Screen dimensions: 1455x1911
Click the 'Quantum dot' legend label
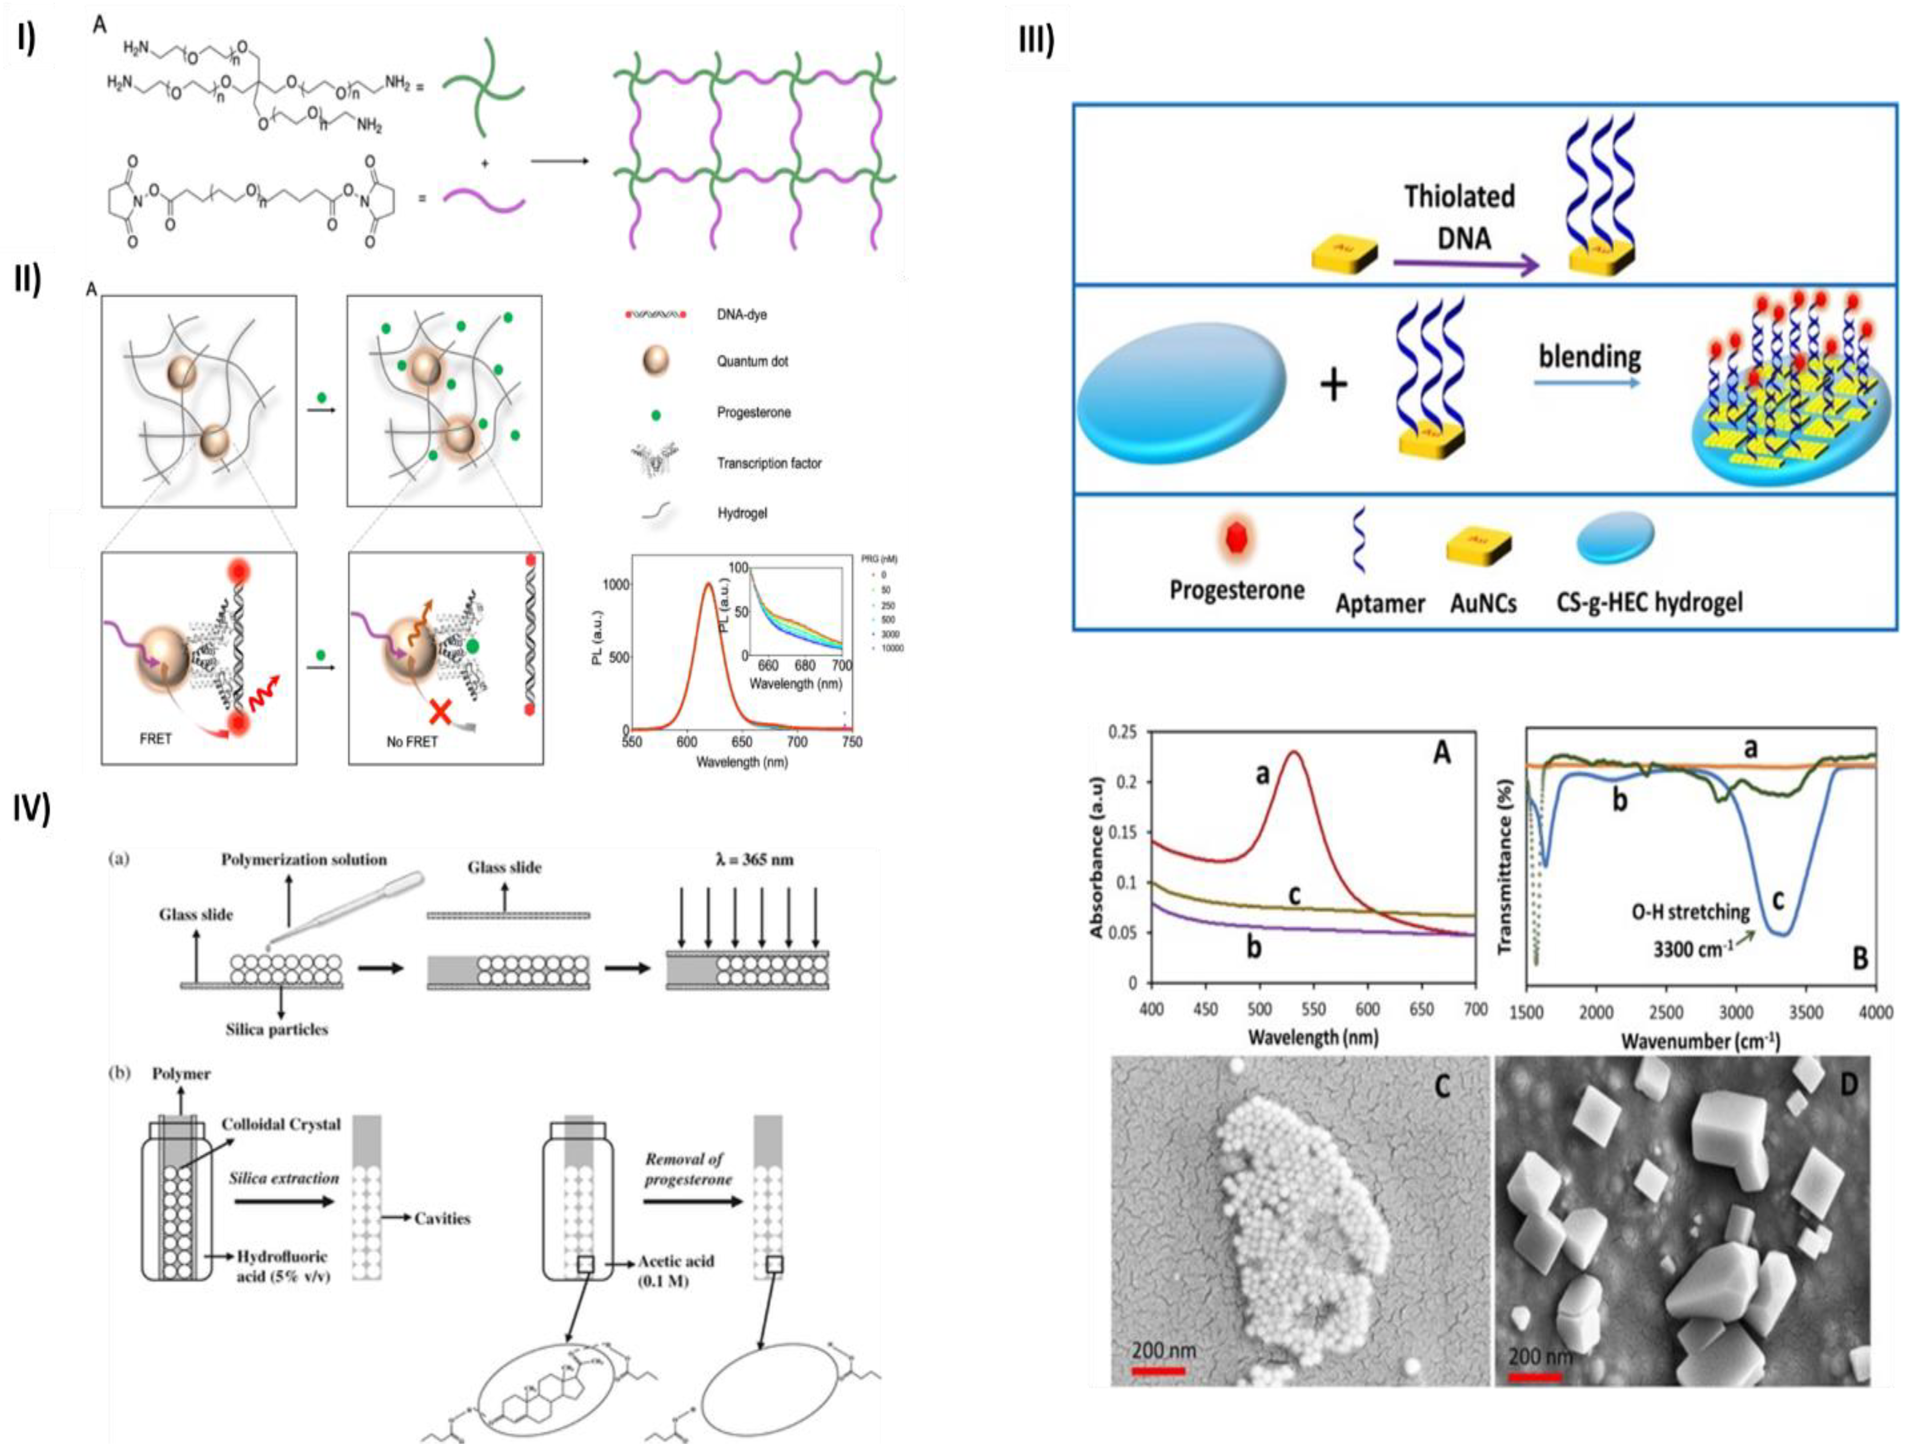click(752, 361)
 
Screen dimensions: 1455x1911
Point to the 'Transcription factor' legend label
click(768, 463)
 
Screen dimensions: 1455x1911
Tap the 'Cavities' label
click(442, 1219)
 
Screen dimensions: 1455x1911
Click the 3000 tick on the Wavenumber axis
click(1735, 1011)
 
